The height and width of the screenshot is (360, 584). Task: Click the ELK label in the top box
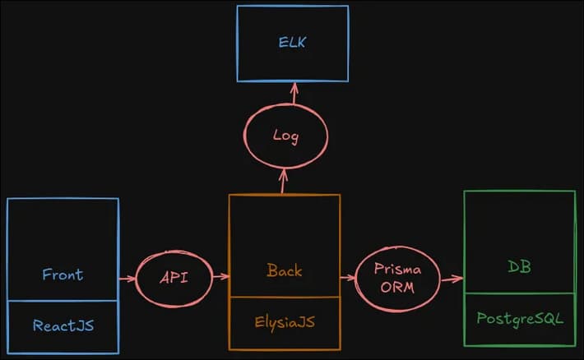pyautogui.click(x=292, y=42)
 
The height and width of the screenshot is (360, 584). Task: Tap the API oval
pyautogui.click(x=174, y=278)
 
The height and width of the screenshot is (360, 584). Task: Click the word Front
pyautogui.click(x=63, y=274)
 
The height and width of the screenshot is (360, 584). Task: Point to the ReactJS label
pyautogui.click(x=63, y=325)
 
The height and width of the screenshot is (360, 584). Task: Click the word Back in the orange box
pyautogui.click(x=285, y=270)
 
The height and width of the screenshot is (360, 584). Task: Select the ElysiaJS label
pyautogui.click(x=284, y=321)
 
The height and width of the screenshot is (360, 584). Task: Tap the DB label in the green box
pyautogui.click(x=520, y=266)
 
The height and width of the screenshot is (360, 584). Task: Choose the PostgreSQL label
pyautogui.click(x=520, y=317)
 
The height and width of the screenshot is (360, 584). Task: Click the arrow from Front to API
pyautogui.click(x=127, y=279)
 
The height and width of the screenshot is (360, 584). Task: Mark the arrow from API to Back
pyautogui.click(x=220, y=277)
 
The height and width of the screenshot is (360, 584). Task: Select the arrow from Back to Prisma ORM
pyautogui.click(x=348, y=278)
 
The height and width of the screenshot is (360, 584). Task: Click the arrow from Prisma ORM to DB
pyautogui.click(x=451, y=279)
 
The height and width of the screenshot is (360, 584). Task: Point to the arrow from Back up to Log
pyautogui.click(x=283, y=181)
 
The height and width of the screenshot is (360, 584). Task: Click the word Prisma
pyautogui.click(x=398, y=269)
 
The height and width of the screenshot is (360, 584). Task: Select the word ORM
pyautogui.click(x=398, y=287)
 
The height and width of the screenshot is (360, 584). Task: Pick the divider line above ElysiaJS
pyautogui.click(x=284, y=297)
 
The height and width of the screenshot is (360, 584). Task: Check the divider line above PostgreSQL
pyautogui.click(x=520, y=293)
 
